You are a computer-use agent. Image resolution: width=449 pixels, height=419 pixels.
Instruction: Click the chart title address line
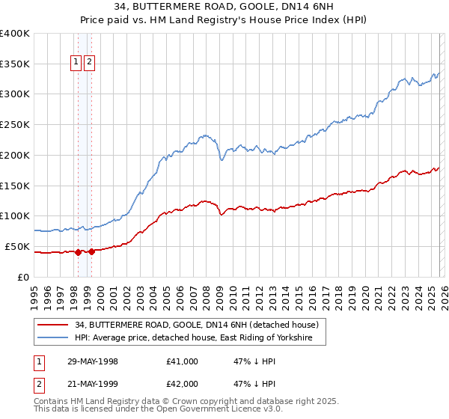[224, 7]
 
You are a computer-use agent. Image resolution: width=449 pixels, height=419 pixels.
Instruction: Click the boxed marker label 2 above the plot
[90, 63]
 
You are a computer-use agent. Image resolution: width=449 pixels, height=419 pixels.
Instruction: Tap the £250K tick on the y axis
[15, 124]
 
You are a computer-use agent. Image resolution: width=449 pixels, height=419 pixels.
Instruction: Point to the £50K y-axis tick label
[17, 246]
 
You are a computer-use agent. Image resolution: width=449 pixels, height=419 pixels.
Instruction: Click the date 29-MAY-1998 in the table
[93, 361]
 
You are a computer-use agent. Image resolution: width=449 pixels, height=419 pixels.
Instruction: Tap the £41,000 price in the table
[183, 361]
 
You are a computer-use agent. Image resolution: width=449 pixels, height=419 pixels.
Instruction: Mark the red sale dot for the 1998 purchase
[78, 252]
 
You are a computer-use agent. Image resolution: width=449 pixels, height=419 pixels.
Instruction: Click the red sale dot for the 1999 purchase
[91, 251]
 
